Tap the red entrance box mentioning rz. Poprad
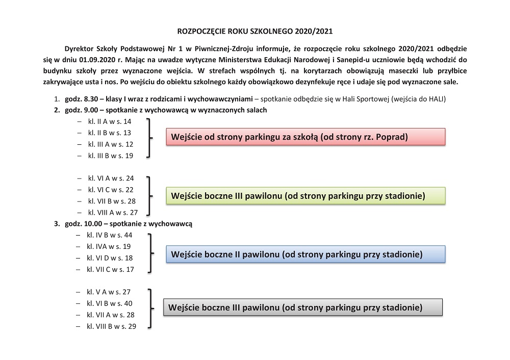click(305, 137)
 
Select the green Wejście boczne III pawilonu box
click(305, 196)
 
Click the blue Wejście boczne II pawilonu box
click(305, 254)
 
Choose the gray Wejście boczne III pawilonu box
click(302, 307)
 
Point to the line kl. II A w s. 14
click(110, 122)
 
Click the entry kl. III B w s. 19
click(110, 156)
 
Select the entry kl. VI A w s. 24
click(111, 178)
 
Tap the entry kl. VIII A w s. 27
click(113, 212)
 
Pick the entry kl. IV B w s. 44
click(110, 235)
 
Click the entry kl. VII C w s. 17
click(110, 269)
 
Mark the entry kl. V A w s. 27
click(109, 292)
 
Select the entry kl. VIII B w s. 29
click(111, 326)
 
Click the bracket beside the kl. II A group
click(149, 138)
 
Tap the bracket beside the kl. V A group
click(149, 308)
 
